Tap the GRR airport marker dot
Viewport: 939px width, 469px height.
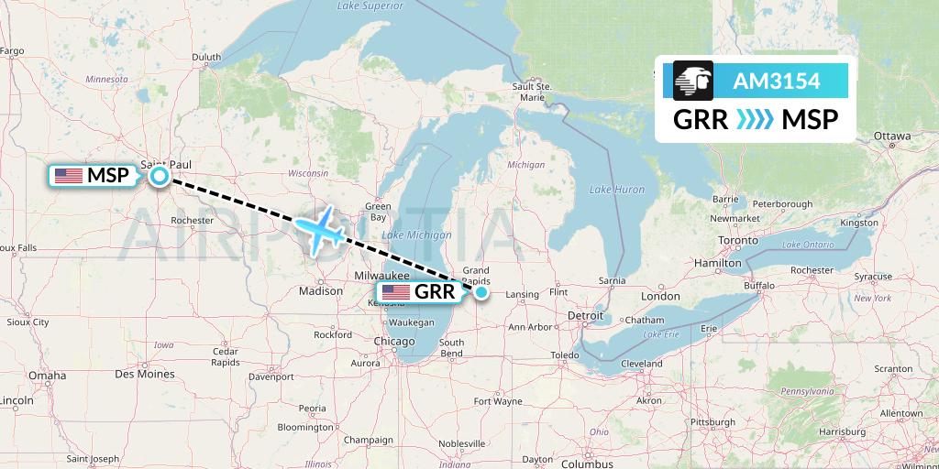point(481,292)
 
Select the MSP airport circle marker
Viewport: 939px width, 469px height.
point(160,176)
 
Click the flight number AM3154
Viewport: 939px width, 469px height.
point(776,82)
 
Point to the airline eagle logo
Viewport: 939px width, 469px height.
point(692,82)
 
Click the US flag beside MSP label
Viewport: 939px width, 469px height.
point(69,176)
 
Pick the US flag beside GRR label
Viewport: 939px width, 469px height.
point(396,292)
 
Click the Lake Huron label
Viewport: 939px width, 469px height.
point(617,189)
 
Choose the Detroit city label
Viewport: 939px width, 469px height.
point(586,316)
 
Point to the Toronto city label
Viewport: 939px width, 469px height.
point(736,242)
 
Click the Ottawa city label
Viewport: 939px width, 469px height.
point(891,136)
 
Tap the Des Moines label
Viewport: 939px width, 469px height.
point(145,374)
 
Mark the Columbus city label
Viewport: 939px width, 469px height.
point(588,464)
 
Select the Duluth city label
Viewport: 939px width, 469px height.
point(206,57)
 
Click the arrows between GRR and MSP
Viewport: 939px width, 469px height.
point(756,120)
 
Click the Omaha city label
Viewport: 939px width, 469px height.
point(47,376)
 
